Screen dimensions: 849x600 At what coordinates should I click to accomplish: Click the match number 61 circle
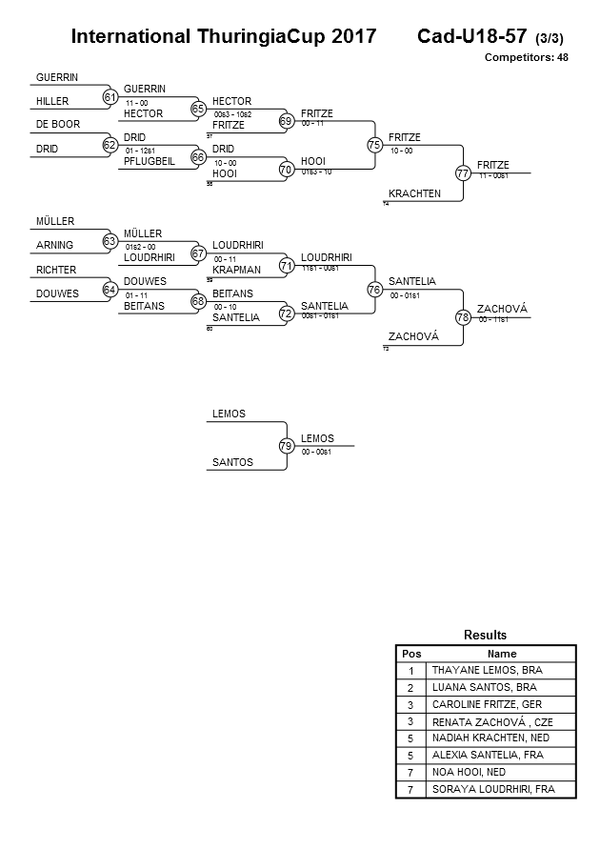pyautogui.click(x=110, y=96)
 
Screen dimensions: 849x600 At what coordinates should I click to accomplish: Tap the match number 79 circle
pyautogui.click(x=286, y=445)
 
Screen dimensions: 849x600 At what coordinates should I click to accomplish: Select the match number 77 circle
pyautogui.click(x=463, y=173)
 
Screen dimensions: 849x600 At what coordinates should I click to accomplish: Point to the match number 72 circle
pyautogui.click(x=286, y=313)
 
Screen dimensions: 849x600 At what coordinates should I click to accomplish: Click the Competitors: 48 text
pyautogui.click(x=526, y=58)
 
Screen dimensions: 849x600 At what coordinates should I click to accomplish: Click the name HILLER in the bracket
pyautogui.click(x=52, y=101)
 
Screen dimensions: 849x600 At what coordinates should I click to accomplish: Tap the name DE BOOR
pyautogui.click(x=58, y=125)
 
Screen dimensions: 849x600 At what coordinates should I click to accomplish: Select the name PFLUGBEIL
pyautogui.click(x=150, y=161)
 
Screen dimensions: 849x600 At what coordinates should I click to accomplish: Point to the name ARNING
pyautogui.click(x=55, y=246)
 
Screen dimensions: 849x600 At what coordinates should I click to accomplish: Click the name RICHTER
pyautogui.click(x=56, y=270)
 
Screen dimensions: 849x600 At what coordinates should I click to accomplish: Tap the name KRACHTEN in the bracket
pyautogui.click(x=414, y=193)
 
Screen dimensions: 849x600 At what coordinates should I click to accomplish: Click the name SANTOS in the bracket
pyautogui.click(x=232, y=462)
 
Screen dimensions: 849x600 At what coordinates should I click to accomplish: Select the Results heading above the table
pyautogui.click(x=485, y=635)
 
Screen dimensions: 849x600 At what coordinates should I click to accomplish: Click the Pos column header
pyautogui.click(x=410, y=654)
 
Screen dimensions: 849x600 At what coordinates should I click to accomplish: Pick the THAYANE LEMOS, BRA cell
pyautogui.click(x=484, y=670)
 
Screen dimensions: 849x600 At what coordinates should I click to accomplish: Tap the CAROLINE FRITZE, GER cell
pyautogui.click(x=489, y=704)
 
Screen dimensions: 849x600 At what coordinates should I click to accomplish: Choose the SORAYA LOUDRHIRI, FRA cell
pyautogui.click(x=492, y=789)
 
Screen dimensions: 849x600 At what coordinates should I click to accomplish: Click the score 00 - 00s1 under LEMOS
pyautogui.click(x=315, y=452)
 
